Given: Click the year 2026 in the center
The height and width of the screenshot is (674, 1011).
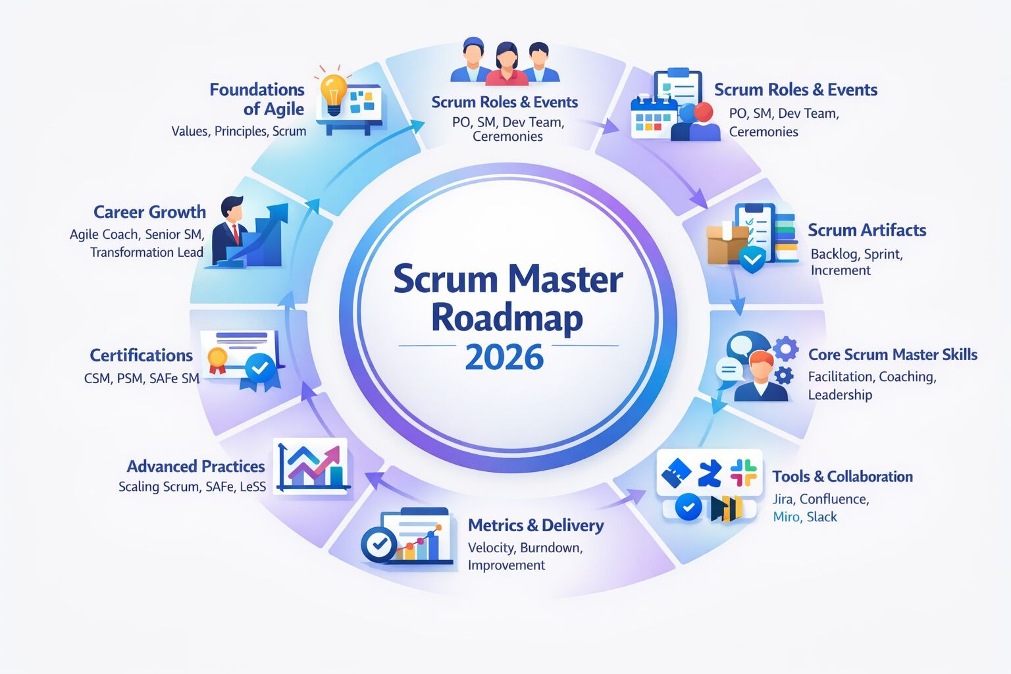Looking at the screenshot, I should point(504,357).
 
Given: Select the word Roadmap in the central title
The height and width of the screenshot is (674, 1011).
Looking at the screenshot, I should point(507,318).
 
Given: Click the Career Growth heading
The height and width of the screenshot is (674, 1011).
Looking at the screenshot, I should point(149,212).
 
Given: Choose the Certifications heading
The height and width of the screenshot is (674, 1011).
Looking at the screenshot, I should point(141,355).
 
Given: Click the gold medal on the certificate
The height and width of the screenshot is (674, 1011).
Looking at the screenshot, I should point(217,359).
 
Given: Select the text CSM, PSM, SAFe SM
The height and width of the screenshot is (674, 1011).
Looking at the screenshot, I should point(142,378).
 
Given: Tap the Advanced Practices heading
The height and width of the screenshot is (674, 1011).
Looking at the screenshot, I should point(195,467).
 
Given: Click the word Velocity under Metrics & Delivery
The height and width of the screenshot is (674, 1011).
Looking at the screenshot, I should point(491,548).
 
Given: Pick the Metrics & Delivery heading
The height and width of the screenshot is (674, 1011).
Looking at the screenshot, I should point(536,525).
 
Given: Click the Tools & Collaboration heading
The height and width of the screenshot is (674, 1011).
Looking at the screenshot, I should point(842,477).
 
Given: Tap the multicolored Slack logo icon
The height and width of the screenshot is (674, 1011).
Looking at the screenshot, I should point(743,473).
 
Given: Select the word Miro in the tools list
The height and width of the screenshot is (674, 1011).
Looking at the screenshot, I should point(786,517).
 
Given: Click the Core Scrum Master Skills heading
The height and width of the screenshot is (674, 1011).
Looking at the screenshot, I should point(893,355).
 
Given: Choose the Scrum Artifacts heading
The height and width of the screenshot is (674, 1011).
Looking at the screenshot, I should point(867,230).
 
